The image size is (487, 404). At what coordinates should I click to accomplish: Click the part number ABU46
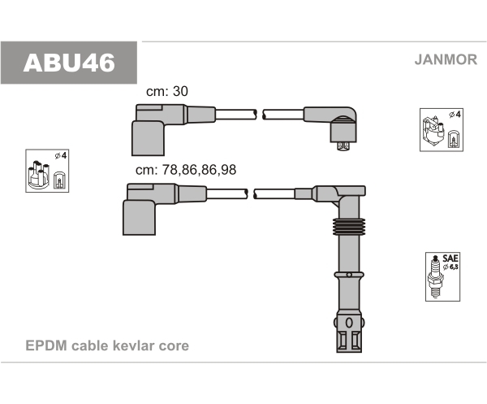69,62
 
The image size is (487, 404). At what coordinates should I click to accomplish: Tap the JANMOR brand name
445,59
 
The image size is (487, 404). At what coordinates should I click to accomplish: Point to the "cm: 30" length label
166,92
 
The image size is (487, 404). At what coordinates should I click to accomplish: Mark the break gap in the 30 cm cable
259,114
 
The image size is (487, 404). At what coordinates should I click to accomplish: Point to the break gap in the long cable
251,193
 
